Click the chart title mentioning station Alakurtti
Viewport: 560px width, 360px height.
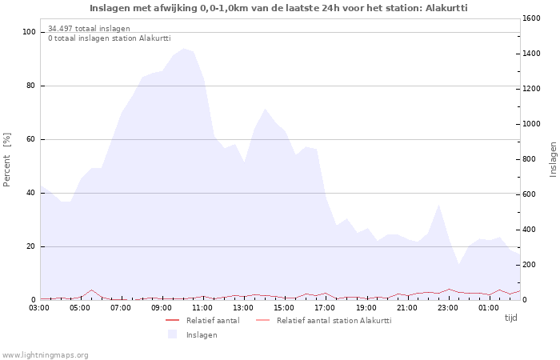278,8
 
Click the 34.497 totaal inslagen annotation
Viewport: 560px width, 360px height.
89,29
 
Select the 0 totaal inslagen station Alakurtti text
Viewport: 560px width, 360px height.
109,38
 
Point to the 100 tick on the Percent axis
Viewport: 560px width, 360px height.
30,32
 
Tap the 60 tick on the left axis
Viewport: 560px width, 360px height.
31,139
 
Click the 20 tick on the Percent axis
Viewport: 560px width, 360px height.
31,246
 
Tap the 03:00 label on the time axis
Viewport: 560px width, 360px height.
39,307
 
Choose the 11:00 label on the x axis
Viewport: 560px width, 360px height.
202,307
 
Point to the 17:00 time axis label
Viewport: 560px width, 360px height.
325,307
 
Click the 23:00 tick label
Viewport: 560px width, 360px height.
447,307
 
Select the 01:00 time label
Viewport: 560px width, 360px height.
488,307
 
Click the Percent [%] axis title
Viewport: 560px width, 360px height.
7,160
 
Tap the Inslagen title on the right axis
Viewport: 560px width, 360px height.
553,159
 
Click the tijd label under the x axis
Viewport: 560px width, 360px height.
510,318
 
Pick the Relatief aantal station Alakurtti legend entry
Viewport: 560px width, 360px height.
334,321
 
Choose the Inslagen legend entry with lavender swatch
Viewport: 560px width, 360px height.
201,335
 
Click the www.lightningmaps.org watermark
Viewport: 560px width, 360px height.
45,354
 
